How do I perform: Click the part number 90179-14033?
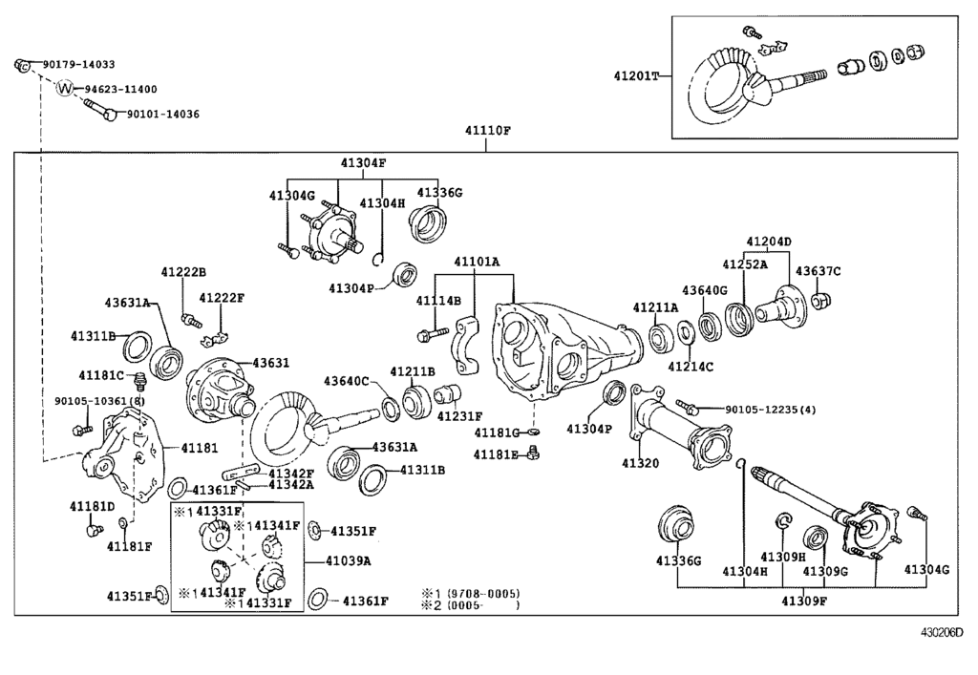click(78, 65)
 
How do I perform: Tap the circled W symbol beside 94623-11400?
click(65, 89)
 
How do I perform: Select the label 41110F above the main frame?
click(487, 131)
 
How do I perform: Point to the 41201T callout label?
click(637, 74)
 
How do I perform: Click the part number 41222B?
click(183, 273)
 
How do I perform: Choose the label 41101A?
click(477, 261)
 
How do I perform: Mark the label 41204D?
click(769, 242)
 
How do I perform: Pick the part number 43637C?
click(818, 271)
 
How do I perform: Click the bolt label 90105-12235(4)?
click(771, 410)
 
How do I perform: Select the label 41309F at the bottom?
click(804, 601)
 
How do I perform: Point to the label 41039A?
click(348, 560)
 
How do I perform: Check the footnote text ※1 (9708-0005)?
click(471, 593)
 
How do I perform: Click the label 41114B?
click(437, 301)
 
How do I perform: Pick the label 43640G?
click(705, 289)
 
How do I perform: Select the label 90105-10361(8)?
click(99, 401)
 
